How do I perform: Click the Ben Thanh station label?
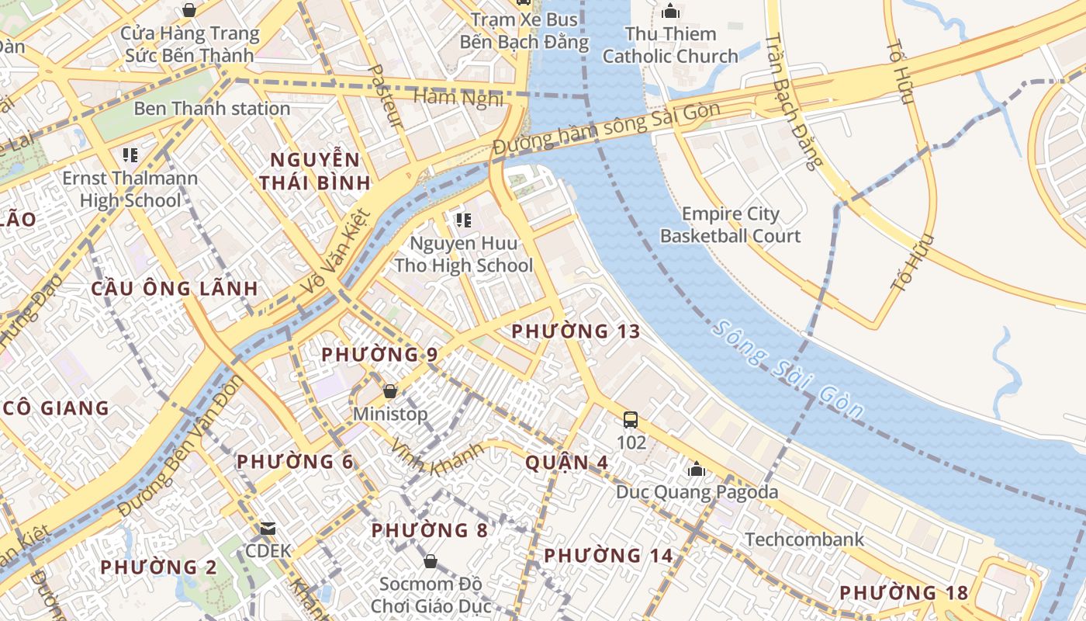pyautogui.click(x=212, y=108)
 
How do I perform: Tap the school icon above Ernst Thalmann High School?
pyautogui.click(x=130, y=155)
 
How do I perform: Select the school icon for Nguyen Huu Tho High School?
pyautogui.click(x=464, y=220)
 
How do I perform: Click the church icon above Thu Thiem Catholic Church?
pyautogui.click(x=670, y=11)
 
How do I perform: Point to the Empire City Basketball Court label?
pyautogui.click(x=730, y=224)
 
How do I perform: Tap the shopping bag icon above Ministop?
pyautogui.click(x=390, y=391)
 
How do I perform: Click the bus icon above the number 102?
pyautogui.click(x=631, y=420)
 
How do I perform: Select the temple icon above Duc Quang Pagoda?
pyautogui.click(x=697, y=469)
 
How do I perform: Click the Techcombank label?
pyautogui.click(x=804, y=539)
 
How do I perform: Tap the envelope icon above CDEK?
pyautogui.click(x=268, y=529)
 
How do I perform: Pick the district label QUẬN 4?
pyautogui.click(x=567, y=463)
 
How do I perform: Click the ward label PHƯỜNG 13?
pyautogui.click(x=576, y=331)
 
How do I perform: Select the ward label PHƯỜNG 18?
pyautogui.click(x=904, y=593)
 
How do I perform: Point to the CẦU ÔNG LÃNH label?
pyautogui.click(x=175, y=289)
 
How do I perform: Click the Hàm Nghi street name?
pyautogui.click(x=458, y=98)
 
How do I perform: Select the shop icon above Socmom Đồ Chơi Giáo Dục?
pyautogui.click(x=431, y=560)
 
